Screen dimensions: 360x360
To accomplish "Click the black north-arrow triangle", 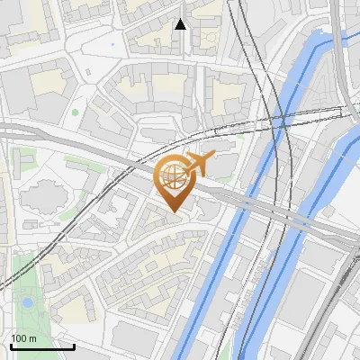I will [181, 23].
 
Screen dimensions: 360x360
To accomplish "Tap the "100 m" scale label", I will [23, 338].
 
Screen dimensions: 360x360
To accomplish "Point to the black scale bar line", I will [42, 346].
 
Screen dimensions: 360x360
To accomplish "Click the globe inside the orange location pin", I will [172, 177].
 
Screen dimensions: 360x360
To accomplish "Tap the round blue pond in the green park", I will [28, 302].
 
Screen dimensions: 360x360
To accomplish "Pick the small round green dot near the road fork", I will [76, 112].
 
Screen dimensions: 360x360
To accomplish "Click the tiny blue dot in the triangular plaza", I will [112, 43].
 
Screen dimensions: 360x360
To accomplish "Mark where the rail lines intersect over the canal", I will [280, 118].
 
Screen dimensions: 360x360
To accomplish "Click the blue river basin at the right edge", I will [346, 153].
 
